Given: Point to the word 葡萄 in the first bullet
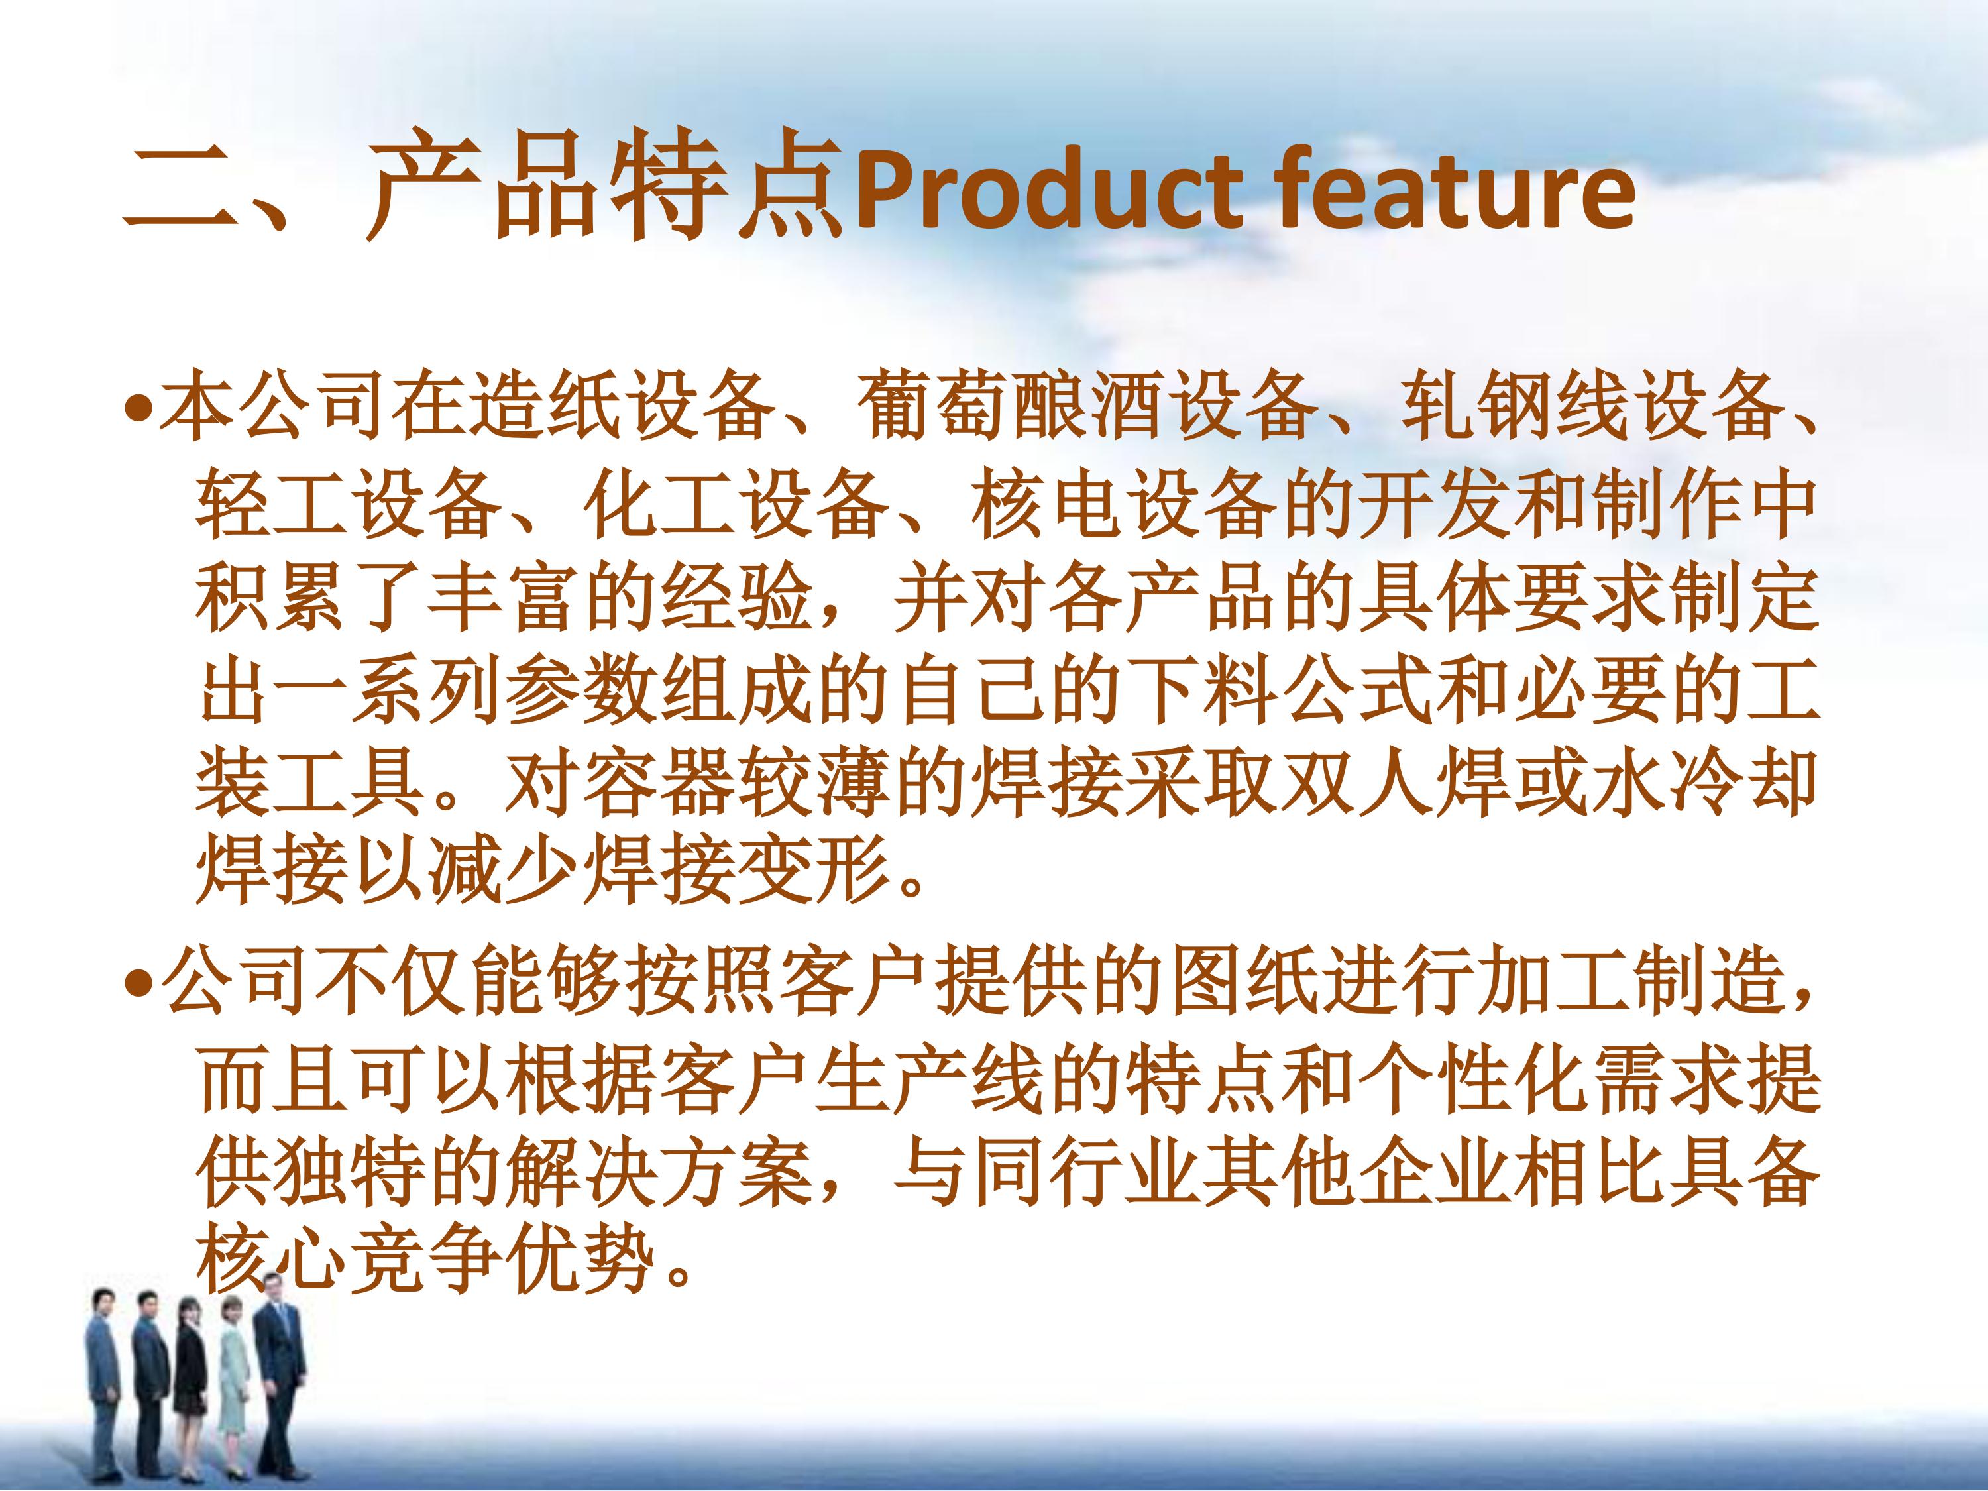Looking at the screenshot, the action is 934,406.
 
